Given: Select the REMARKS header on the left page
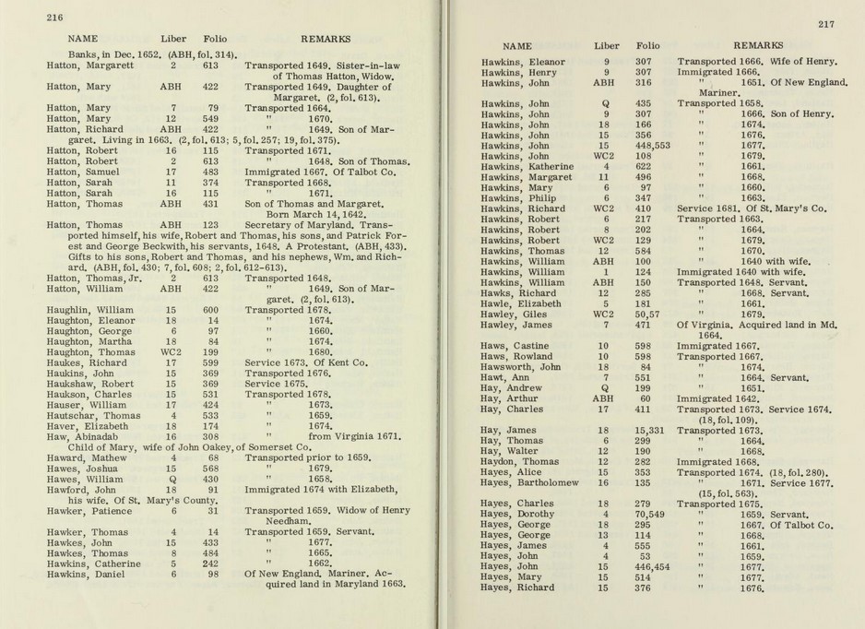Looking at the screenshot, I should (x=325, y=40).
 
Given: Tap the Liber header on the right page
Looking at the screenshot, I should (x=606, y=45).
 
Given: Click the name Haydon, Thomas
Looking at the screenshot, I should (x=520, y=461).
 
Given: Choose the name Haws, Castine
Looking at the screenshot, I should (x=515, y=345).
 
